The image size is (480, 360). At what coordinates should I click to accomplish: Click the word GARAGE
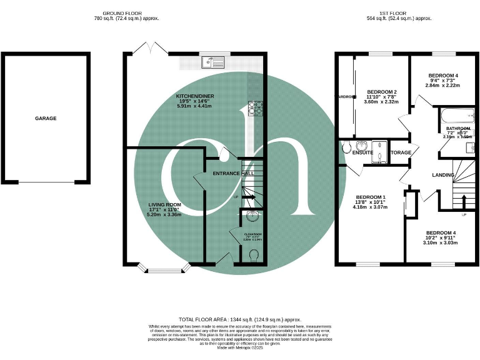coord(46,118)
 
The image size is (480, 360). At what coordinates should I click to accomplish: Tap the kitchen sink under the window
coord(213,62)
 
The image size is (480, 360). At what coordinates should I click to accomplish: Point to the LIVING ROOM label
coord(164,204)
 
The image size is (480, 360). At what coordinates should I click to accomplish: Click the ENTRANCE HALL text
coord(234,173)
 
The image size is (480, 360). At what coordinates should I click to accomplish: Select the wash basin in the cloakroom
coord(251,217)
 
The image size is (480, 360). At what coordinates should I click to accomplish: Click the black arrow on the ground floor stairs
coord(248,197)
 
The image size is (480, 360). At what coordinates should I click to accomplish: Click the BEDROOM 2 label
coord(382,92)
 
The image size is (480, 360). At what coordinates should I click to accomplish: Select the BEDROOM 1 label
coord(371,197)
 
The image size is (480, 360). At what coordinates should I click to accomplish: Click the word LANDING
coord(443,175)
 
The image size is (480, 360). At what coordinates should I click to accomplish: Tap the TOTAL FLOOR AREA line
coord(239,319)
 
